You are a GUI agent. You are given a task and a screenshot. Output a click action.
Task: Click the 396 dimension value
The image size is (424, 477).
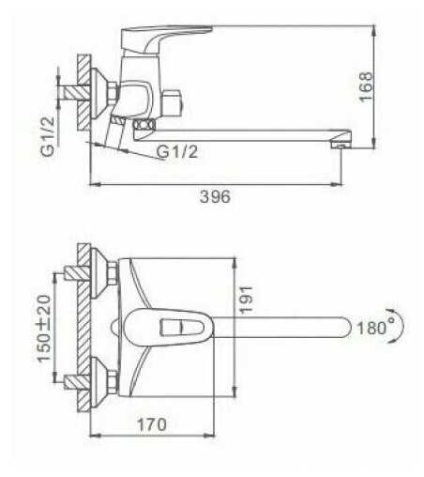point(215,197)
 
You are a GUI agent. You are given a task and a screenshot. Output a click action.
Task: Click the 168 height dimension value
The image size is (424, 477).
point(366,86)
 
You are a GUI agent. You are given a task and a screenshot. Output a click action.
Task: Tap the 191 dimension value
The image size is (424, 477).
point(246,300)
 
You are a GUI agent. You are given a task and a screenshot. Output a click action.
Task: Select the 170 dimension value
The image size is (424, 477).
point(152,424)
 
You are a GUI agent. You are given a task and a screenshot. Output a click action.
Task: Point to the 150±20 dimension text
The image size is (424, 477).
point(44,329)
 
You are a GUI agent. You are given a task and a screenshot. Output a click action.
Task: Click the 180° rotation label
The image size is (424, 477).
point(375,328)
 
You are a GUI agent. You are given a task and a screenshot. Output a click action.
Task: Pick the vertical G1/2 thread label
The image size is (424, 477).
point(48,136)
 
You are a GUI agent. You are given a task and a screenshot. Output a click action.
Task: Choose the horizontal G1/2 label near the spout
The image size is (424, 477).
point(177,152)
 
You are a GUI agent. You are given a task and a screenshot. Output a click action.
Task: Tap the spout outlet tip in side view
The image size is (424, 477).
point(341,145)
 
